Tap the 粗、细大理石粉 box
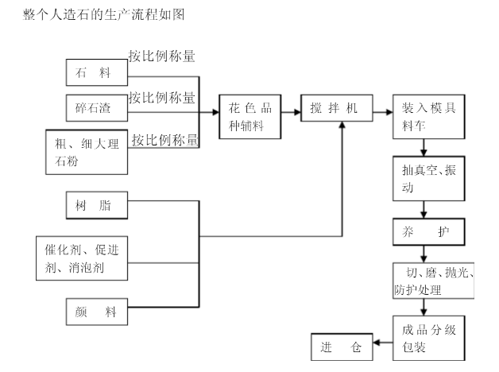pos(87,152)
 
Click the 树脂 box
pos(96,207)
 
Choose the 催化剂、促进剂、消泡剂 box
pos(82,259)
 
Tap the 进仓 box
pos(341,347)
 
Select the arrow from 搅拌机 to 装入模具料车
pos(381,109)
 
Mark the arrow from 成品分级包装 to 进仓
pos(382,344)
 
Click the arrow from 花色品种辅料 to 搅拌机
pos(292,111)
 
